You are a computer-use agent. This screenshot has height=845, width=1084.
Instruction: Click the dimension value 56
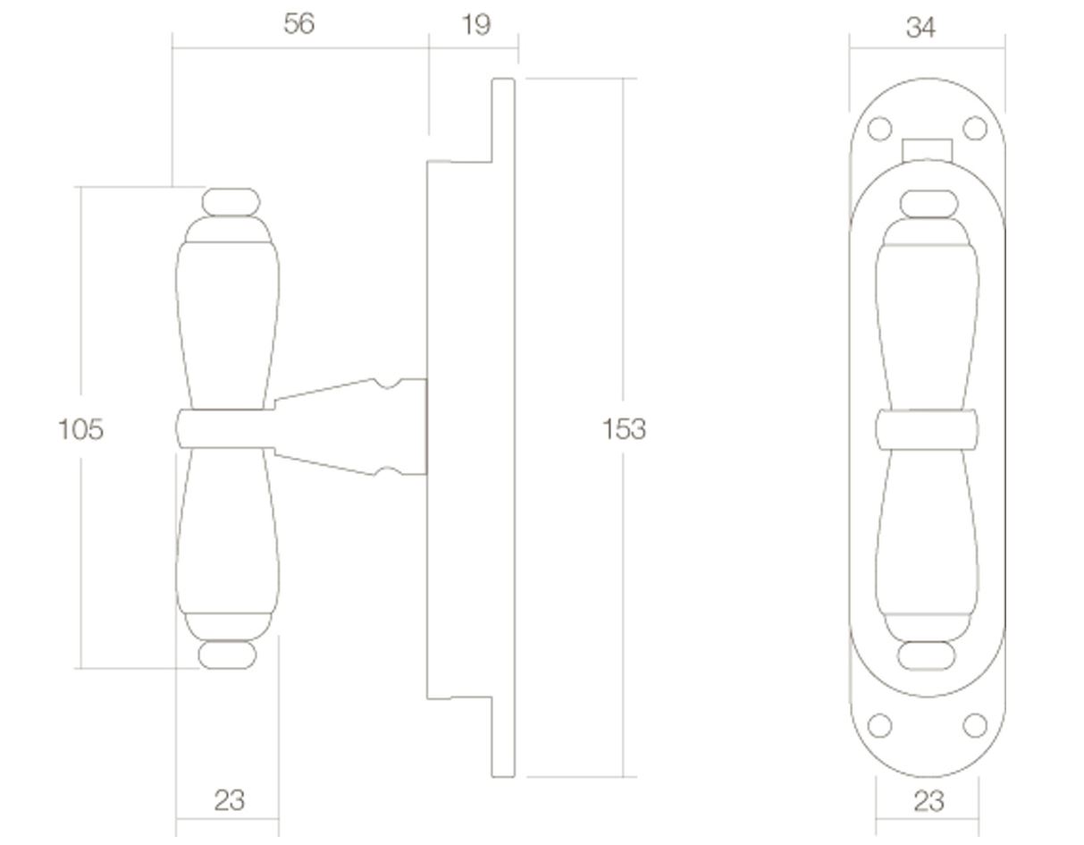point(298,24)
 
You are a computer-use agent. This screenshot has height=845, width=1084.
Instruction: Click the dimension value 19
point(475,25)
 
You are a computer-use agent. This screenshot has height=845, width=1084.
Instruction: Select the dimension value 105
point(80,430)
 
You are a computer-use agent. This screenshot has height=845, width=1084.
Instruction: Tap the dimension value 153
point(623,430)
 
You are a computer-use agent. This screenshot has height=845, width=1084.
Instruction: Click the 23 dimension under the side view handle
point(229,800)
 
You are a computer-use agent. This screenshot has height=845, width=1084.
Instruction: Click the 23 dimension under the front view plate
point(929,801)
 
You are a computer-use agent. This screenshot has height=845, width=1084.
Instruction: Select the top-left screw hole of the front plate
point(880,129)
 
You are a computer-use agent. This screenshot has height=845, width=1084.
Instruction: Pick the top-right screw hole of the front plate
point(975,129)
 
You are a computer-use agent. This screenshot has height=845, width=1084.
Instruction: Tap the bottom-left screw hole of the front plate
point(880,725)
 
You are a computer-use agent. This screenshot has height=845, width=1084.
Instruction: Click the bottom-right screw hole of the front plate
point(975,725)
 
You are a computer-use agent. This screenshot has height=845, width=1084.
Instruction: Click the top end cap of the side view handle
point(231,202)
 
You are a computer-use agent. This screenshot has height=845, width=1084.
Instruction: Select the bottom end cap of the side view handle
point(227,655)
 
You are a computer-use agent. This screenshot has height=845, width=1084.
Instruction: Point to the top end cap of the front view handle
point(929,204)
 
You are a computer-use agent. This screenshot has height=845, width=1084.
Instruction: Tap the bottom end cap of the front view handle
point(927,655)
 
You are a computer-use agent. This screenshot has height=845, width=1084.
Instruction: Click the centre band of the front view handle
point(927,429)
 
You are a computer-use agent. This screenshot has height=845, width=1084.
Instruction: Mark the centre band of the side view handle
point(223,428)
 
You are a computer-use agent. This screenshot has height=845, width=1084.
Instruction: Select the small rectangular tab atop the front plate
point(927,149)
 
